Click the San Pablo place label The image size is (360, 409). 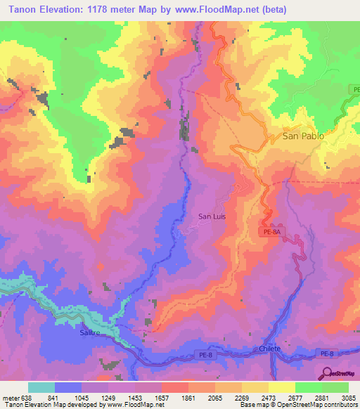point(303,136)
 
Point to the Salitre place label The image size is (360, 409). point(90,334)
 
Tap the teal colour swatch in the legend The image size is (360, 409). point(41,387)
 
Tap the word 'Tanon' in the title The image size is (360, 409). point(25,10)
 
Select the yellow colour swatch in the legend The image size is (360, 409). point(282,387)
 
